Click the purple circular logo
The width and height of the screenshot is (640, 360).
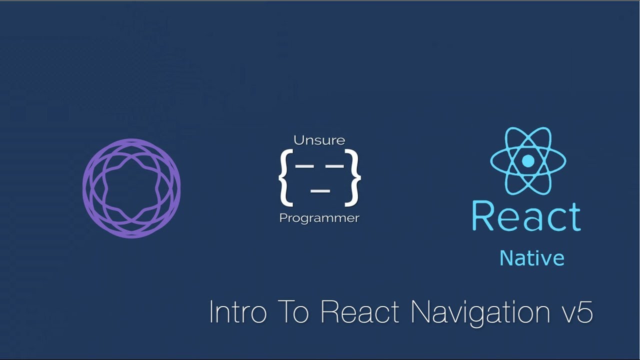(131, 187)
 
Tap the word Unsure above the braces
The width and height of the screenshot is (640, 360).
(319, 140)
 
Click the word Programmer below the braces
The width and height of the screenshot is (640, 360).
(319, 218)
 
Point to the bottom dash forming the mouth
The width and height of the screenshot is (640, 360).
(320, 190)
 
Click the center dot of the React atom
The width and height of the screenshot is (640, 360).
(528, 161)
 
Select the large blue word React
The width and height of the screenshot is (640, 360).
(526, 216)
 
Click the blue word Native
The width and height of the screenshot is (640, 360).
(532, 258)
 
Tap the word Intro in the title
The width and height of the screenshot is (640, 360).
(236, 312)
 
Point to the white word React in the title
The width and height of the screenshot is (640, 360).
(360, 312)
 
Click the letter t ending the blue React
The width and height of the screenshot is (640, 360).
(573, 216)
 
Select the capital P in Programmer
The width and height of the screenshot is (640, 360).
(282, 218)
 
